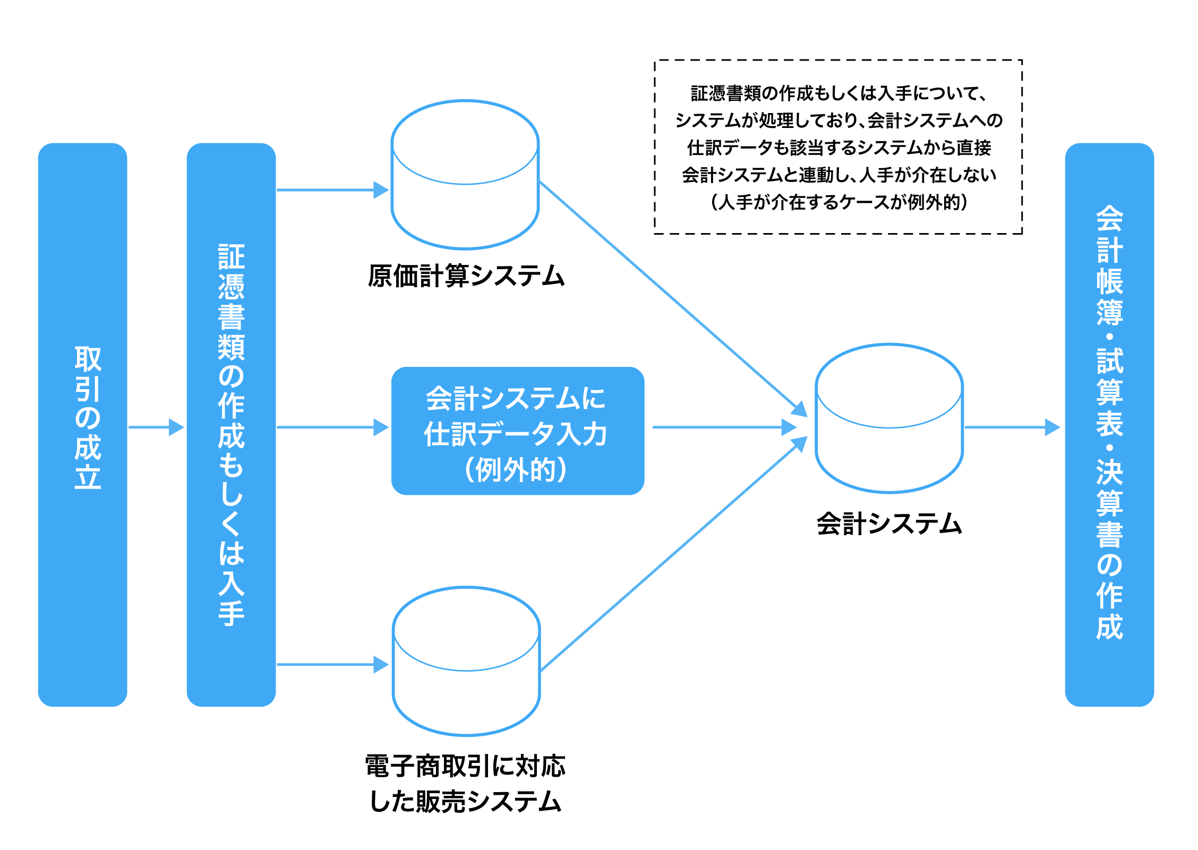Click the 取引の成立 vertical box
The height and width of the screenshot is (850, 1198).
(x=83, y=424)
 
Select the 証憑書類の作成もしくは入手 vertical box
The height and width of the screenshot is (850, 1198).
(x=231, y=424)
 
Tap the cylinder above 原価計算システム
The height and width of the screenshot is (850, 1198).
(x=465, y=175)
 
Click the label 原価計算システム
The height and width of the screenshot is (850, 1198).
(x=466, y=276)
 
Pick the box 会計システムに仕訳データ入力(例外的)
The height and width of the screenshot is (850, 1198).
(x=517, y=431)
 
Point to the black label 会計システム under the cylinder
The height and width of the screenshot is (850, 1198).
(x=889, y=524)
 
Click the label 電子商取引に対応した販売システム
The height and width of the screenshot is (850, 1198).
(x=466, y=784)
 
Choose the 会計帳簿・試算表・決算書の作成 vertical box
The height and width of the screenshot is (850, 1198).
(x=1109, y=424)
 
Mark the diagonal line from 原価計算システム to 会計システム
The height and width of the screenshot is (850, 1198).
(x=669, y=295)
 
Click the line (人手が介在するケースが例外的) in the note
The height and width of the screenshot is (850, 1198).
(x=838, y=202)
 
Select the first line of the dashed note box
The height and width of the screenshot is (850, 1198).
(x=838, y=93)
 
